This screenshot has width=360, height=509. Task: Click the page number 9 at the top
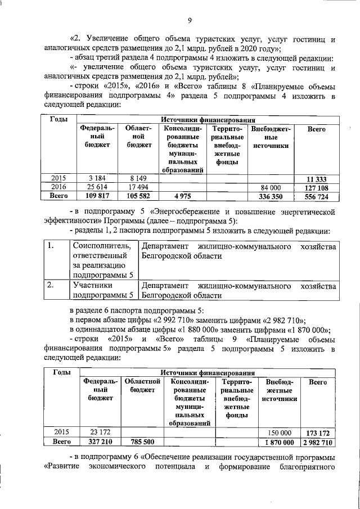point(190,21)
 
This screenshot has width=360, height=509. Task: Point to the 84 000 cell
point(270,187)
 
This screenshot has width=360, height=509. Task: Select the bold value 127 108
point(317,187)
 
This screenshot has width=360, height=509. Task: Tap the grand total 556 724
point(317,196)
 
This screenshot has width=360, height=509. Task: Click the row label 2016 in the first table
point(59,187)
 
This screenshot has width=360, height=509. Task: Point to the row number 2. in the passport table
point(51,285)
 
